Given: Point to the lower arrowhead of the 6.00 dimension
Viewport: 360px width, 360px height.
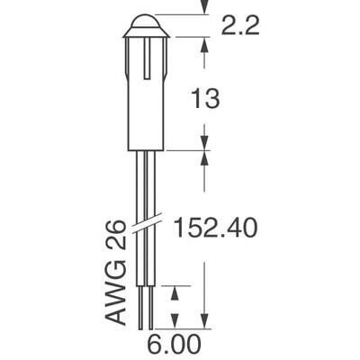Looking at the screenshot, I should (176, 323).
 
